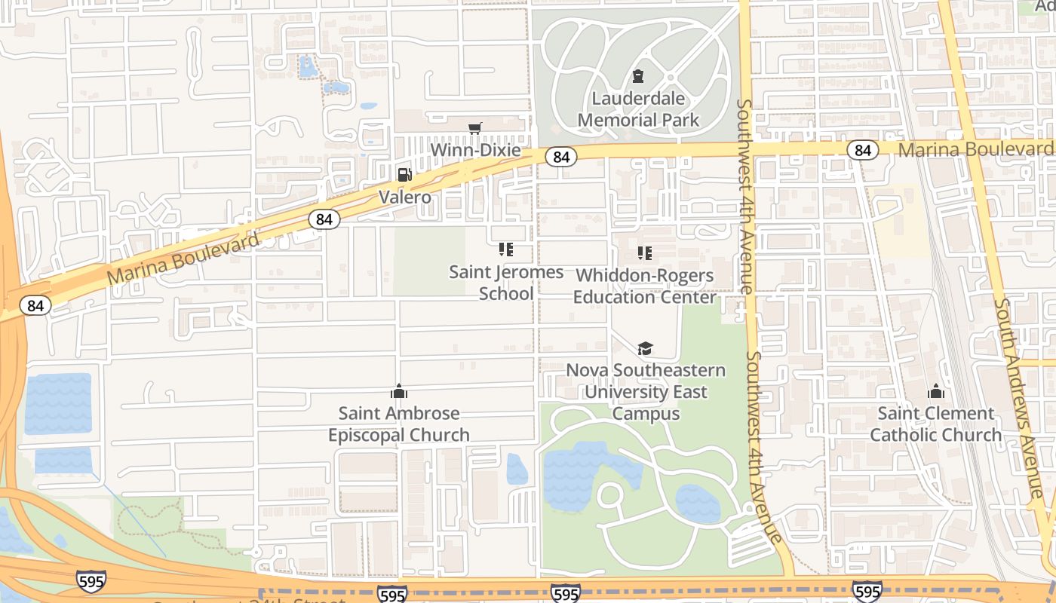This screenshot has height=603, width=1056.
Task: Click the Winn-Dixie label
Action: (x=475, y=150)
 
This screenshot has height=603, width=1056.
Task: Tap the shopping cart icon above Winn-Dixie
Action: (x=474, y=129)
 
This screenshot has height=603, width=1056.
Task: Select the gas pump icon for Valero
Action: (x=405, y=175)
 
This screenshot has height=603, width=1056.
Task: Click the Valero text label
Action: (x=405, y=197)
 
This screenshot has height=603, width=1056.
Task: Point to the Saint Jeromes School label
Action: (x=506, y=282)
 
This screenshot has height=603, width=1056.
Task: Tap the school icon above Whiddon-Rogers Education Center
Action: (x=644, y=253)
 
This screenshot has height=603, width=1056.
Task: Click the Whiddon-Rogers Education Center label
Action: (x=644, y=286)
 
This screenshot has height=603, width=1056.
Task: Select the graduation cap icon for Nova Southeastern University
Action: (x=645, y=348)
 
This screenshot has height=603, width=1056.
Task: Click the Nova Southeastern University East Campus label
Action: (x=646, y=392)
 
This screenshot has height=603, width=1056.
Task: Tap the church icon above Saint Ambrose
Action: (x=399, y=391)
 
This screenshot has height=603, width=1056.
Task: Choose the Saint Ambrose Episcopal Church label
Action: (x=399, y=424)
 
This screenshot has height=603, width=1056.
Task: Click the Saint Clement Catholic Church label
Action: (x=936, y=424)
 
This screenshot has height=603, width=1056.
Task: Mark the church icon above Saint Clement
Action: (x=936, y=391)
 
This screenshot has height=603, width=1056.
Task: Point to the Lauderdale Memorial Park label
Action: (x=639, y=109)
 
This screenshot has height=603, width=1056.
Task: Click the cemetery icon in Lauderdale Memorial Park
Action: (x=638, y=76)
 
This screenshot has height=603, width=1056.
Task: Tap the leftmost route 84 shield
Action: (x=35, y=305)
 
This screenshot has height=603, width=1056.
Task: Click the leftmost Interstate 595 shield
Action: (x=91, y=580)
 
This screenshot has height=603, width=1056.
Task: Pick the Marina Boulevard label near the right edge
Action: (x=976, y=149)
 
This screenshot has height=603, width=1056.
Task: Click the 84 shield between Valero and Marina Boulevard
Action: (x=324, y=219)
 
